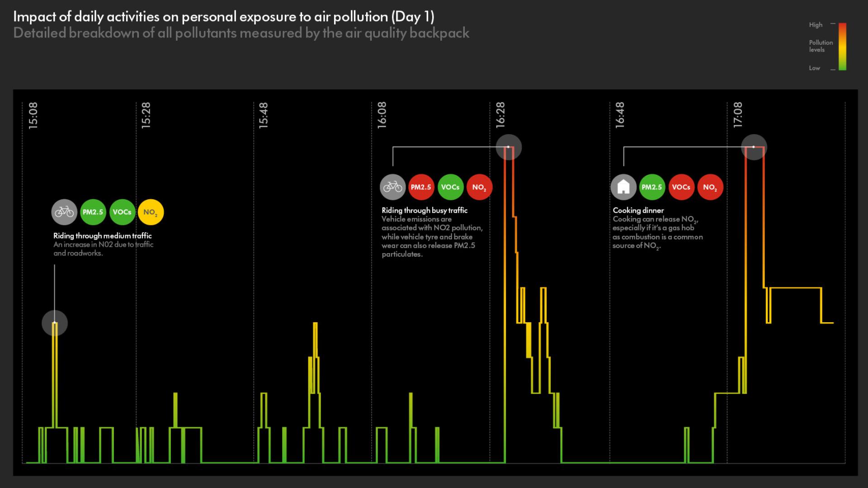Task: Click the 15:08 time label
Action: [33, 116]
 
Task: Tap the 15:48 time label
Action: [264, 116]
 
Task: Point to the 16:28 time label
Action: [500, 115]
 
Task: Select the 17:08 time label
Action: [738, 115]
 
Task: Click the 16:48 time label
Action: [619, 115]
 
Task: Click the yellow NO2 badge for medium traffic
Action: [151, 212]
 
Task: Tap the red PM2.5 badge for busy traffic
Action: [421, 187]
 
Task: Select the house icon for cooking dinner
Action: [623, 187]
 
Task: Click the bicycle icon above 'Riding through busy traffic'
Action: [392, 187]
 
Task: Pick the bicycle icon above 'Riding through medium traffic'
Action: [64, 212]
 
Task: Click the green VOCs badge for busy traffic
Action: [450, 187]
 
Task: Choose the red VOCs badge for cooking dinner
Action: [681, 187]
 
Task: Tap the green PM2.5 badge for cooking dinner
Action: [652, 187]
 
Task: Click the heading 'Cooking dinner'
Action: [638, 211]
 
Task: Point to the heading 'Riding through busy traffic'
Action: [424, 211]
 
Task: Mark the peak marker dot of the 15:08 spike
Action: [55, 323]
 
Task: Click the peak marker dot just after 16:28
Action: [509, 147]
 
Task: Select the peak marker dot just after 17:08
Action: [754, 147]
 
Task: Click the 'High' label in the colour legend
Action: [816, 25]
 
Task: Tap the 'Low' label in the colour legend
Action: [814, 68]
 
